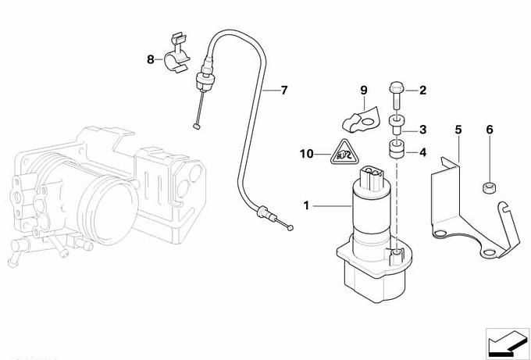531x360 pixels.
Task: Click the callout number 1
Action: (307, 206)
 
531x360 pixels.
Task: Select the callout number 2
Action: (422, 91)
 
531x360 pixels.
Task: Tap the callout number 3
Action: (422, 130)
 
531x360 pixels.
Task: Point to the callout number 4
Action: (422, 153)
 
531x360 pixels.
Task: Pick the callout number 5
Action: (458, 128)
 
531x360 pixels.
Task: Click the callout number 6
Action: (490, 128)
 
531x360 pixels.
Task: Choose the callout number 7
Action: (283, 90)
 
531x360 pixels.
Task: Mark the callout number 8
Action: (151, 59)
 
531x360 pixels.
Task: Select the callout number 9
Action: (363, 91)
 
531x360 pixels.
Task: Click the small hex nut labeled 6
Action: (490, 187)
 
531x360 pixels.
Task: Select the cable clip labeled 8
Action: (178, 57)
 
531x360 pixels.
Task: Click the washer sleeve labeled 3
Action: (397, 123)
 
